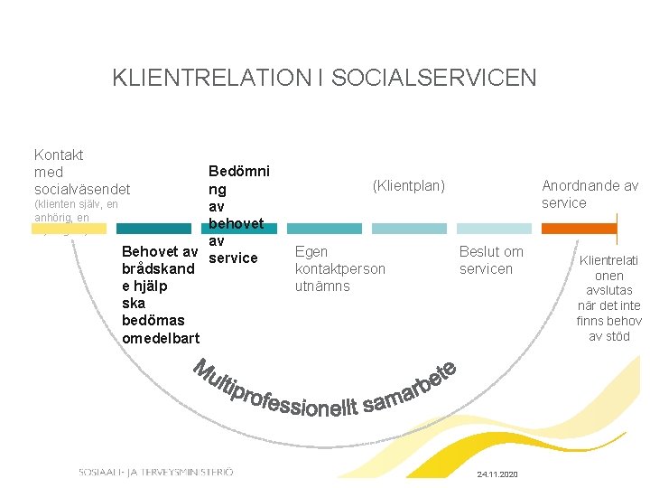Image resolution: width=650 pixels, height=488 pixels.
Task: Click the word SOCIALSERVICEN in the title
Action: pos(433,78)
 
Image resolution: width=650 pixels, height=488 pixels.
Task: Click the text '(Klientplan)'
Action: pos(409,185)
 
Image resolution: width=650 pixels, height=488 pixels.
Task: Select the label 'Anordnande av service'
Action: pos(590,194)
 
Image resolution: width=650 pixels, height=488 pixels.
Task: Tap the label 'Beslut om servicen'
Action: pos(491,260)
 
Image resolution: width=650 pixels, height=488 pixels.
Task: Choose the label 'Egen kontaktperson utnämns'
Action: pos(339,268)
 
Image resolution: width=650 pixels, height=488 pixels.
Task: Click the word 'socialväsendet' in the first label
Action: pos(81,190)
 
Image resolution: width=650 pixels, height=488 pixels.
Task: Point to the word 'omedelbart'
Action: pos(161,337)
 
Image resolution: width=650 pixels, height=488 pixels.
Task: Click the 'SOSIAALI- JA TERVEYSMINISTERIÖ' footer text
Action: pos(155,472)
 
